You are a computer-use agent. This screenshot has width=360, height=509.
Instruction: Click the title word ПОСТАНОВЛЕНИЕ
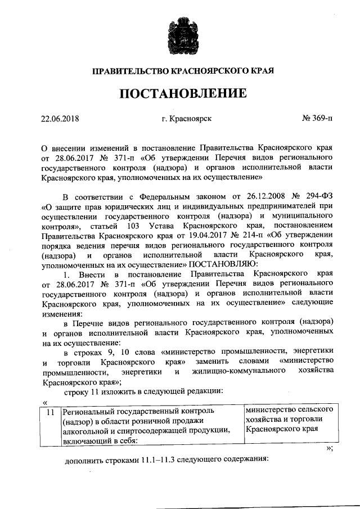click(x=180, y=92)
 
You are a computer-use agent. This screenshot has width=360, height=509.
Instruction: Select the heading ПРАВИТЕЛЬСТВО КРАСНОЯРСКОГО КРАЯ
click(x=180, y=71)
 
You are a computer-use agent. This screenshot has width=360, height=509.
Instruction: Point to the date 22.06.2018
click(x=60, y=118)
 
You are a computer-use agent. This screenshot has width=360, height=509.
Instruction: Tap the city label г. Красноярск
click(x=186, y=118)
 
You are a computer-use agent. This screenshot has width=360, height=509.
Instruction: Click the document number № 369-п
click(x=317, y=118)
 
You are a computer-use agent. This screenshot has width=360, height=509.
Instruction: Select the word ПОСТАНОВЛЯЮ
click(x=227, y=264)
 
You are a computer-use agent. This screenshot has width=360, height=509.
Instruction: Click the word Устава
click(x=163, y=226)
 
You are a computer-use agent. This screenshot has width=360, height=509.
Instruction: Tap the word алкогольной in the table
click(x=86, y=430)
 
